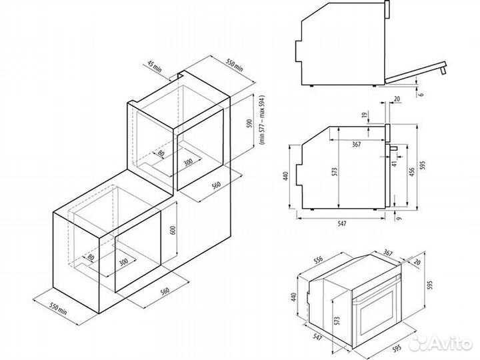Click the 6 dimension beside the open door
pos(421,95)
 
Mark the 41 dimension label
pos(395,162)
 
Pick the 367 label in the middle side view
pos(356,145)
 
